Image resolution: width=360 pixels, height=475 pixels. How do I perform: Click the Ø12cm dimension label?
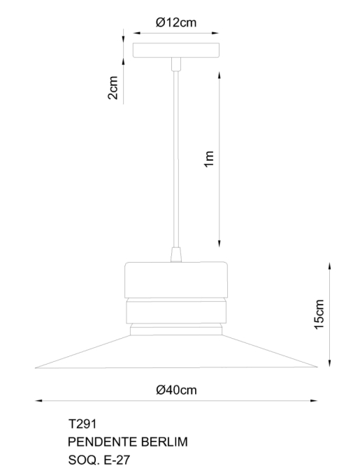(176, 22)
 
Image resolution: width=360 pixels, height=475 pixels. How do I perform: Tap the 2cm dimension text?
(113, 87)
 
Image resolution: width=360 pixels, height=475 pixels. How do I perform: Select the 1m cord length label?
(209, 159)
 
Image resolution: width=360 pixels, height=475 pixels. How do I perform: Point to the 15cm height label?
(319, 314)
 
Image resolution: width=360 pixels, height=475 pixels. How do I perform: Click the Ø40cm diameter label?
(176, 390)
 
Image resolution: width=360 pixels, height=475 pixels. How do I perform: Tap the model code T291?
(82, 424)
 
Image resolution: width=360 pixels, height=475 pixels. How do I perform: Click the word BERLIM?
(164, 442)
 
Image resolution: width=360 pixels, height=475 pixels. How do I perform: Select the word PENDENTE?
(103, 442)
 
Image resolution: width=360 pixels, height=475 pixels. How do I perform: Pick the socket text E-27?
(117, 460)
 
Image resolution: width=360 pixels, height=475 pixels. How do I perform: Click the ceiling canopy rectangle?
(176, 50)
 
